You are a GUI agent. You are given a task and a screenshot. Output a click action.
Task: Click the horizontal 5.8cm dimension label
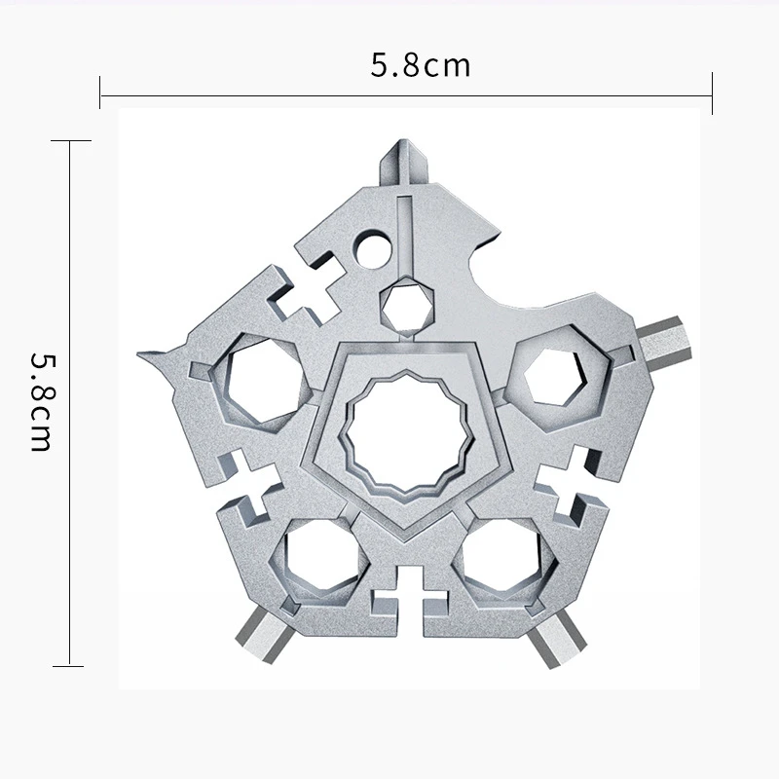420,65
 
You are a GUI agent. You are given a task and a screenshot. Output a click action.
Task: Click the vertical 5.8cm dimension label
41,402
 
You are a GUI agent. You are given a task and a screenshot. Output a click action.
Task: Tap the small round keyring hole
374,249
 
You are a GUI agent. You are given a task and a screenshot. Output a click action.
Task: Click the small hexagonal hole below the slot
407,304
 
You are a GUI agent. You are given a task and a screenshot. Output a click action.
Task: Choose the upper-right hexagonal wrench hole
555,376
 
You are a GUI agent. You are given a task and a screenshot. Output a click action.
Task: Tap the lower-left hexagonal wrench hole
319,556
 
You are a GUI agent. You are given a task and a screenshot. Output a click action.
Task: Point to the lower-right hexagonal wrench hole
501,555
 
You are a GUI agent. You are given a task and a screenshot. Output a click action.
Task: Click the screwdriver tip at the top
403,163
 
